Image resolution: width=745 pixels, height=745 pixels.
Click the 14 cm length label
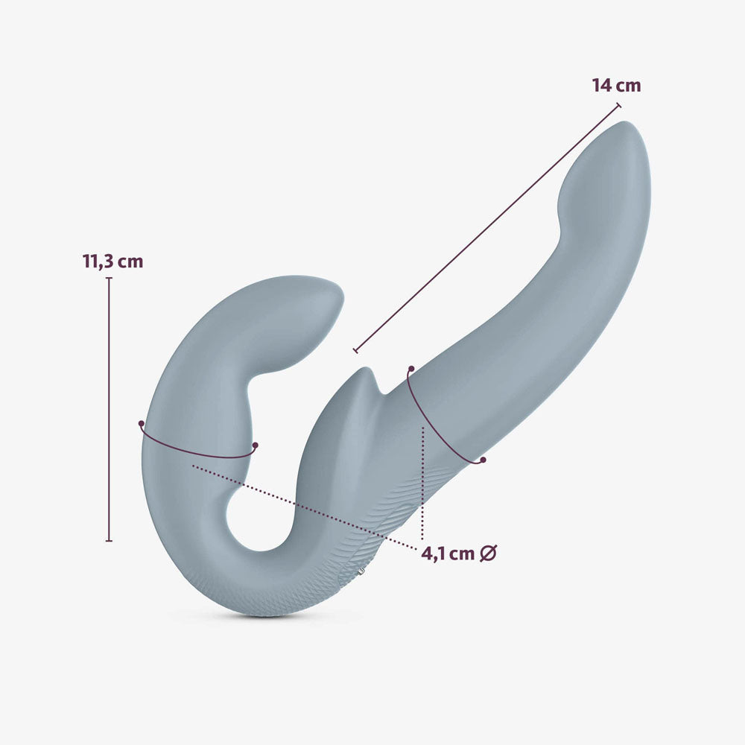616,86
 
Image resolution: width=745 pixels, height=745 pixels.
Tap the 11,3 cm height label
112,261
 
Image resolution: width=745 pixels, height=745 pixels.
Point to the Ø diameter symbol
488,554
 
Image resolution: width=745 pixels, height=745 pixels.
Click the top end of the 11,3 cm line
109,279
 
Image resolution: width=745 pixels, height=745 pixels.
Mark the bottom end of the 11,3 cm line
109,540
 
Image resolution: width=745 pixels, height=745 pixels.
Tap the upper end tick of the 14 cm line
618,106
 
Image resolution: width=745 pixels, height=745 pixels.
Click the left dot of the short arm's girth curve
141,423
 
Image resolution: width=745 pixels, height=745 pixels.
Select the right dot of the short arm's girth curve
255,446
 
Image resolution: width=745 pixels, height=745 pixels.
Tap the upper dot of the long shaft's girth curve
410,368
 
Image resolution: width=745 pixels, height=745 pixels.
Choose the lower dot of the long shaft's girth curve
483,460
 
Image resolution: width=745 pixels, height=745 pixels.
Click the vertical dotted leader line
422,484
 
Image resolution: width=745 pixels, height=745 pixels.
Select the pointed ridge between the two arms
364,372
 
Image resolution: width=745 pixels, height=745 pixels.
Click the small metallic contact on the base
361,571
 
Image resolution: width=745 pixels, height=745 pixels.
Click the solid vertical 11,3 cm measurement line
109,410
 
